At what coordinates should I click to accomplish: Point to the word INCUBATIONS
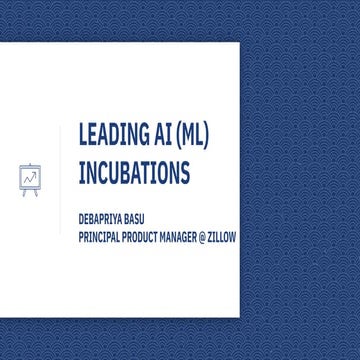click(133, 174)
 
